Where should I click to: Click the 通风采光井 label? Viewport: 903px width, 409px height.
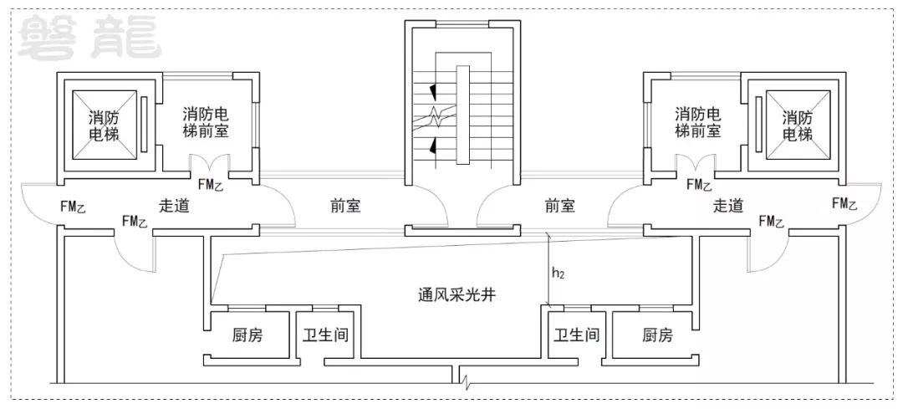click(457, 296)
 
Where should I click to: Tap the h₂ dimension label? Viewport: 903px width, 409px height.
click(558, 273)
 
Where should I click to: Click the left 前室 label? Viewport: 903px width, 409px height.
click(345, 206)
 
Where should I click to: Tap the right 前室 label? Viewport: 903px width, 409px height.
click(559, 206)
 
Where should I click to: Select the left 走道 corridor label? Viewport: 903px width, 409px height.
click(174, 206)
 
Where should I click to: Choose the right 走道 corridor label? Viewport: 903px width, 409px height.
click(728, 206)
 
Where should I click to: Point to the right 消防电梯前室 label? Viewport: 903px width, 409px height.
click(697, 121)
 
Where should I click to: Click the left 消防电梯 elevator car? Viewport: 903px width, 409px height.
click(105, 126)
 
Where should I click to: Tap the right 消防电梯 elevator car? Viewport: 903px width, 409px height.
click(798, 126)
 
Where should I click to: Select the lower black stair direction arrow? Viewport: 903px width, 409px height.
click(432, 148)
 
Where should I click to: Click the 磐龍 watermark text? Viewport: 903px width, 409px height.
click(89, 38)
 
